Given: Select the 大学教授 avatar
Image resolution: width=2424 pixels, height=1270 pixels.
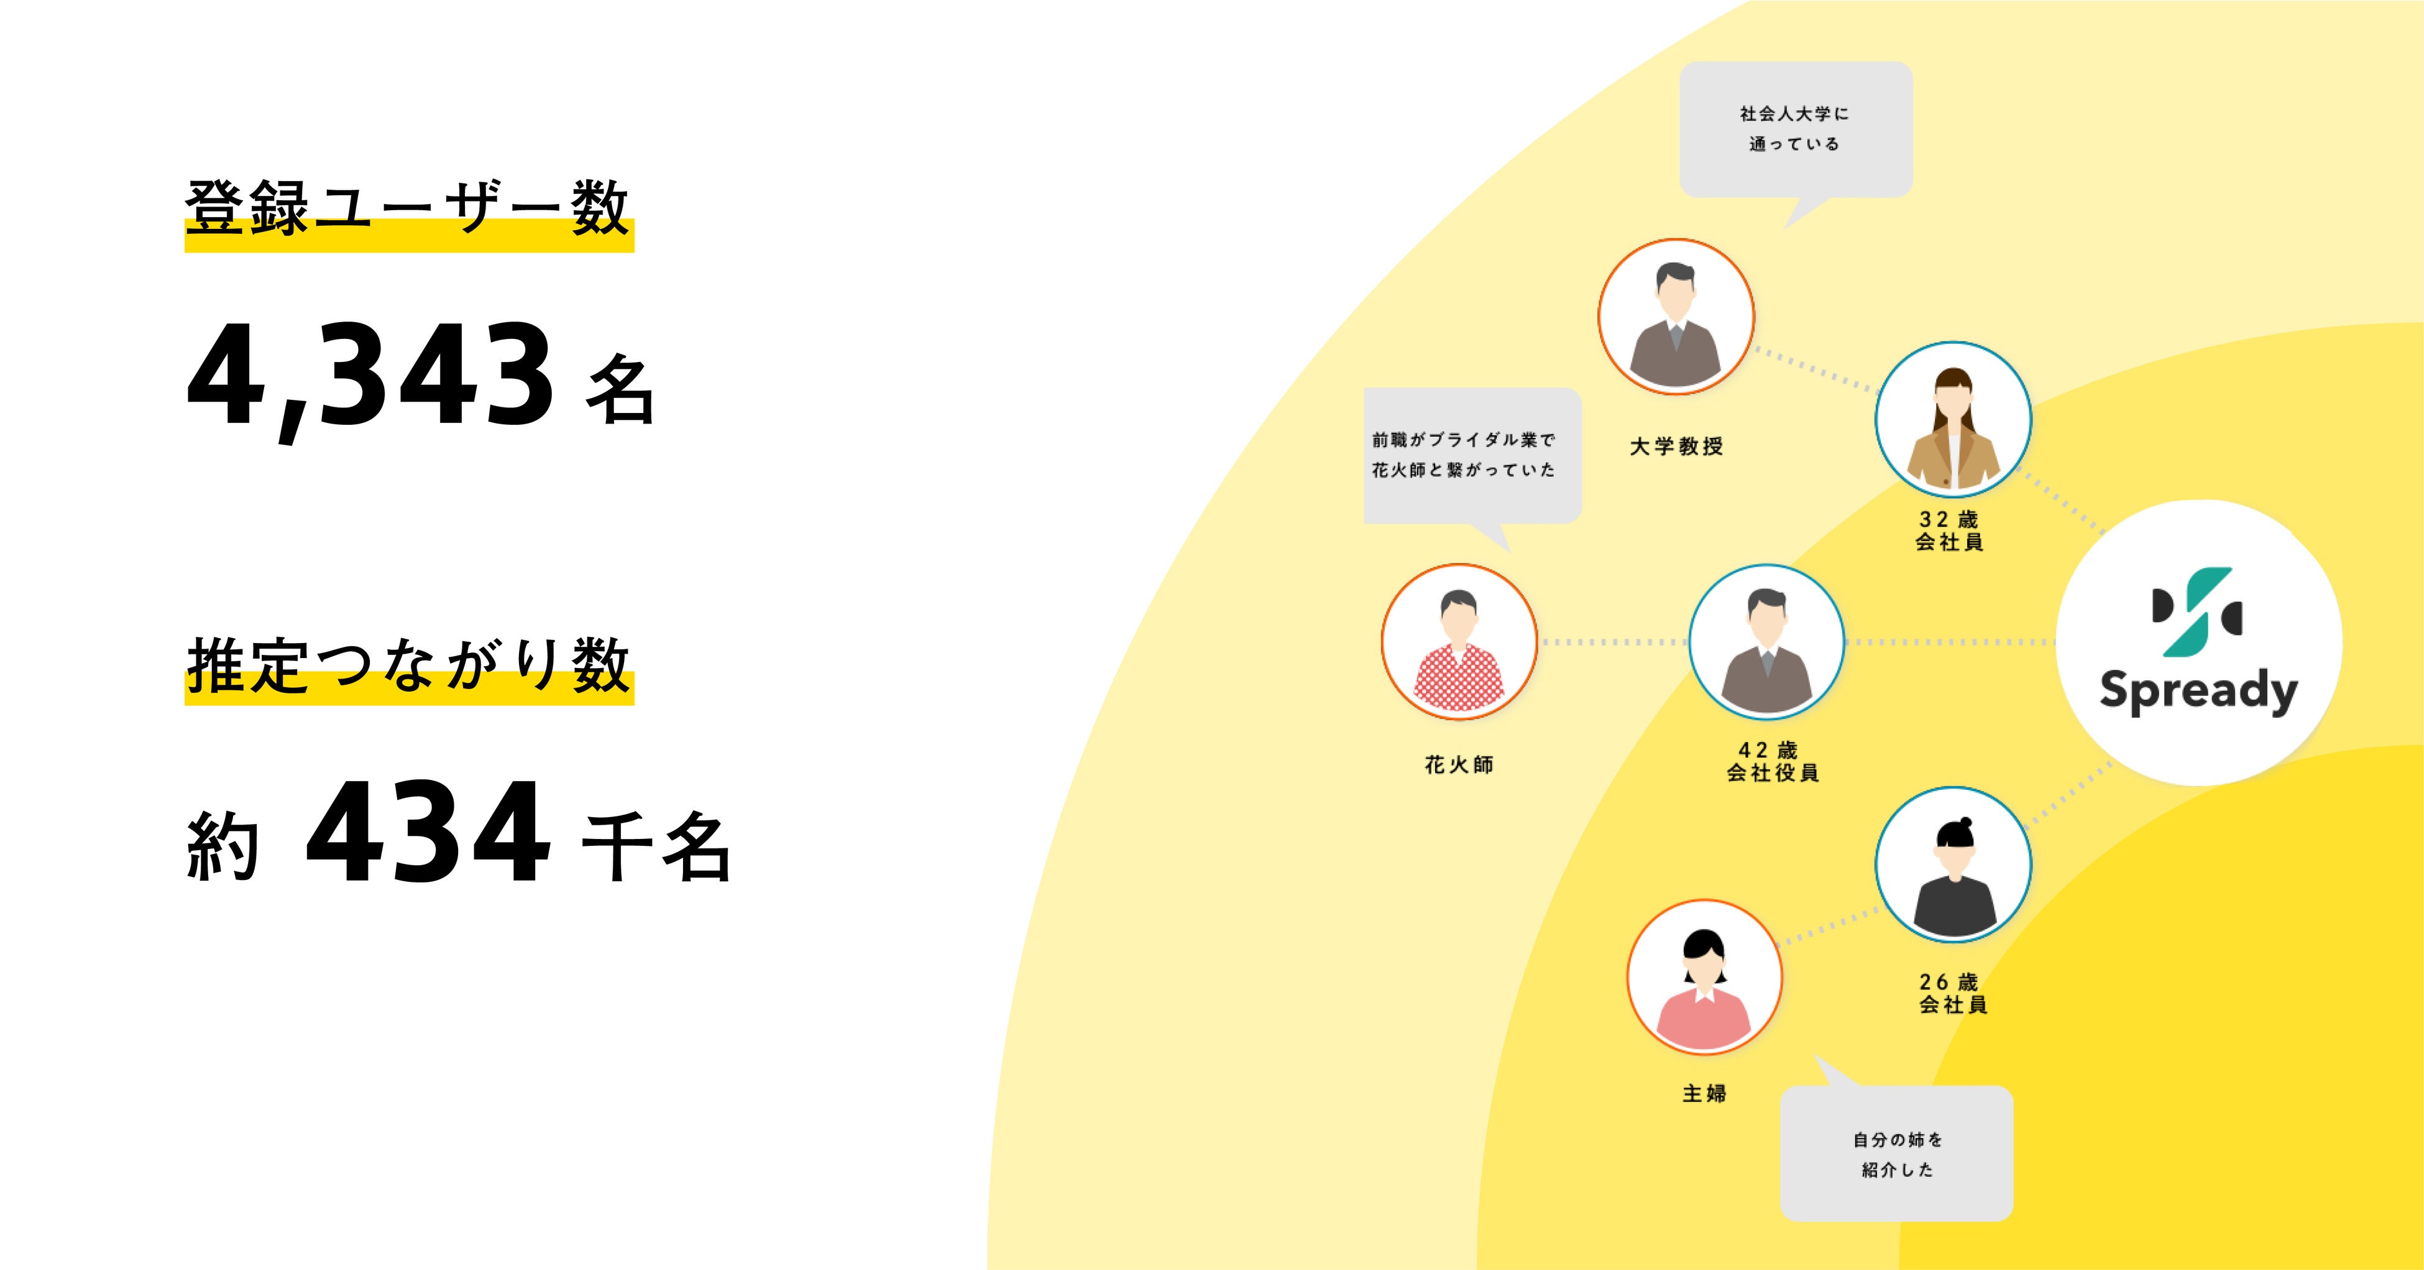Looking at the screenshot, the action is [x=1676, y=317].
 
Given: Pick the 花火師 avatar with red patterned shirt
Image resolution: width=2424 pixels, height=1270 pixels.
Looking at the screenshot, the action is [x=1459, y=642].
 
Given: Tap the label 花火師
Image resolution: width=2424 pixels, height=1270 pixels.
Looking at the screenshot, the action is [x=1459, y=764].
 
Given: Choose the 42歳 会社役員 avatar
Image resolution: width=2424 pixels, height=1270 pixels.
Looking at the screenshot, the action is [x=1766, y=642].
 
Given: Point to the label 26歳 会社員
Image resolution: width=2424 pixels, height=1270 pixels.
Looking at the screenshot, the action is [x=1952, y=993].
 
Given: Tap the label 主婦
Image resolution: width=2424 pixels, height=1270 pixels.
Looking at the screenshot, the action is [x=1704, y=1093].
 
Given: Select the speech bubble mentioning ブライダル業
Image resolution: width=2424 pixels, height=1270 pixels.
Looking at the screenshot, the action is [x=1472, y=455].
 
